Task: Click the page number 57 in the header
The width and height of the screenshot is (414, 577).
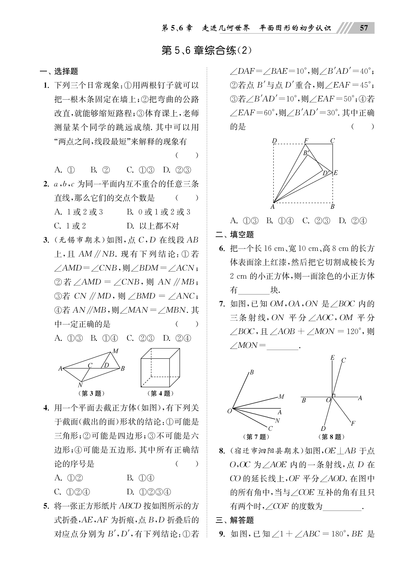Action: click(364, 28)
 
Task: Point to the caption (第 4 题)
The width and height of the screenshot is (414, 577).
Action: click(160, 393)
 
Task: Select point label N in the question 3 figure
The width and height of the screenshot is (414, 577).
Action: click(80, 385)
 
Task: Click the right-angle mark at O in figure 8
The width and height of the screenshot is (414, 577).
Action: click(334, 396)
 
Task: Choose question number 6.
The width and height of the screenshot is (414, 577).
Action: click(222, 248)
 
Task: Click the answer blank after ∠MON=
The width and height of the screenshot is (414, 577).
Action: click(282, 346)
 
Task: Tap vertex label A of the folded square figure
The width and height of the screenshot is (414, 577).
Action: click(272, 207)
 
